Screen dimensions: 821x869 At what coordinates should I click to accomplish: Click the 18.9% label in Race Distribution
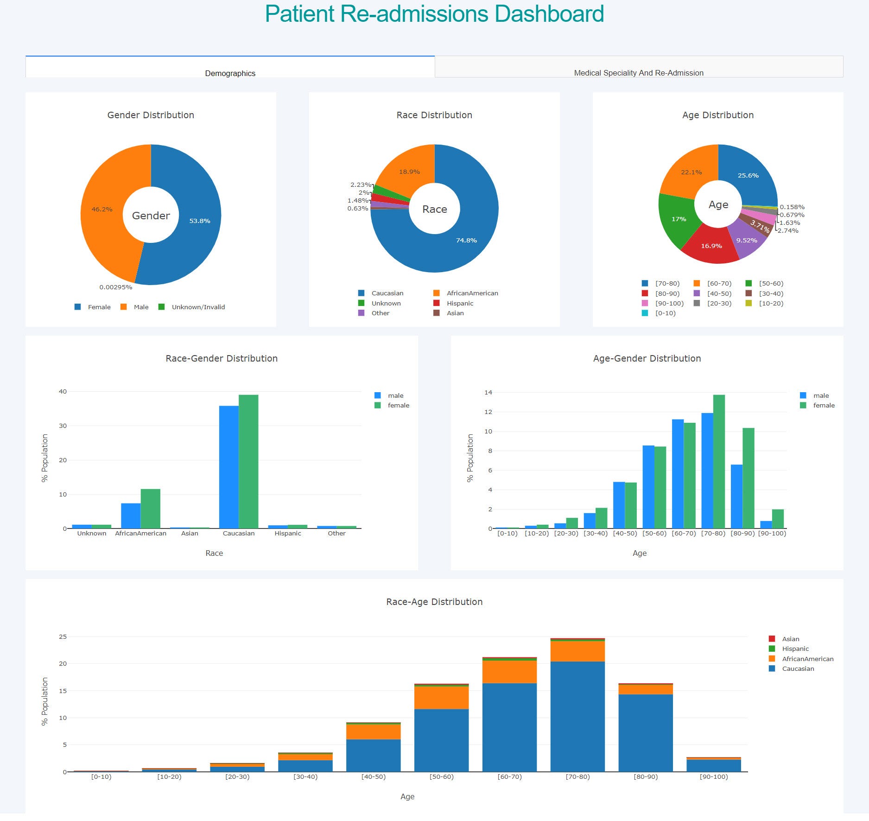(x=409, y=172)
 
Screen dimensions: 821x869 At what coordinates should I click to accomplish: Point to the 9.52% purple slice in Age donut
(x=747, y=240)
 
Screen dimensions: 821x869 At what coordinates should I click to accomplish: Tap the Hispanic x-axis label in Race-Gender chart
(x=287, y=533)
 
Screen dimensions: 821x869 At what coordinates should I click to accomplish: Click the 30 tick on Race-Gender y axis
(x=63, y=426)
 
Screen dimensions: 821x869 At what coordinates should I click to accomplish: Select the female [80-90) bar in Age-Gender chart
(x=748, y=477)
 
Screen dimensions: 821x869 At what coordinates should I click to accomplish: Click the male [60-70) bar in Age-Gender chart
(x=678, y=473)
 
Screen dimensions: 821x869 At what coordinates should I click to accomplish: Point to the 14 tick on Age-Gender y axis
(x=488, y=392)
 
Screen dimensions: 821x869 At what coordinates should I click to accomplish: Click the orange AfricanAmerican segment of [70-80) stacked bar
(x=577, y=651)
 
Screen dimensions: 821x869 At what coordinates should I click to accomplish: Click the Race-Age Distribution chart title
(x=434, y=602)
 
